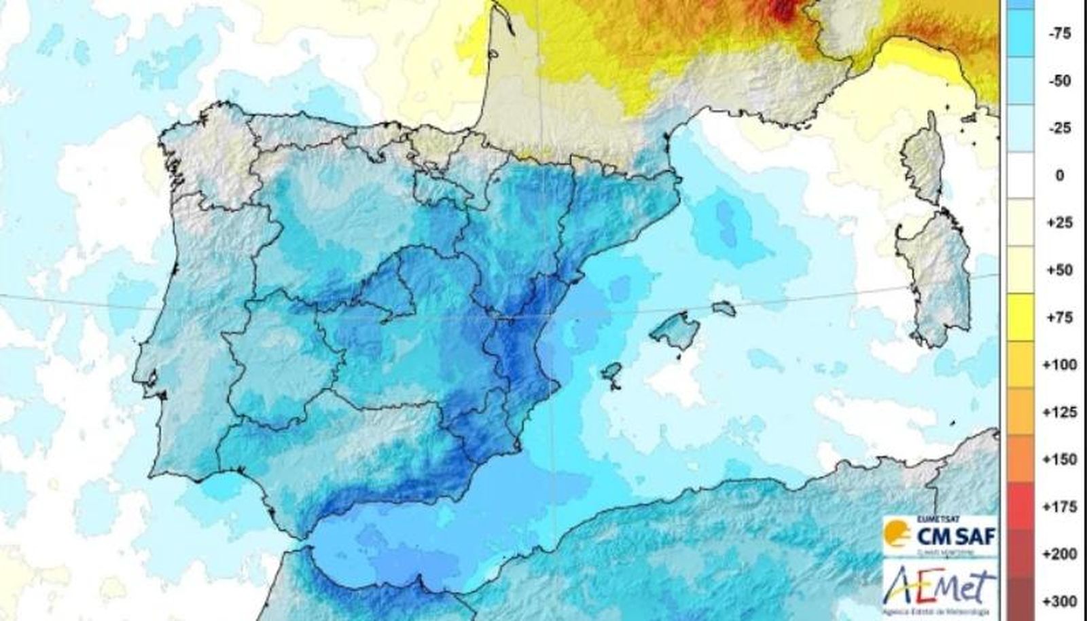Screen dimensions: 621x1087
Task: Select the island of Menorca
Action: (x=724, y=309)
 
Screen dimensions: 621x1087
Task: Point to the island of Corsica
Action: (x=922, y=159)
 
